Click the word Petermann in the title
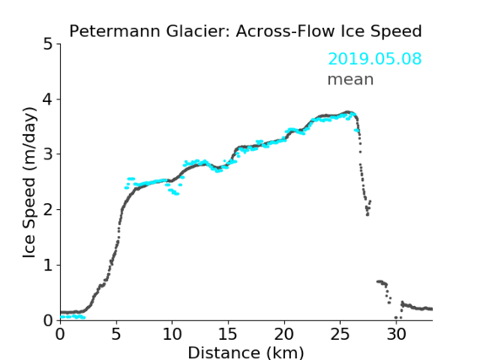point(115,31)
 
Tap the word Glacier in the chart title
point(197,31)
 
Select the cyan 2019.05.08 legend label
point(375,58)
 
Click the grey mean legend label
point(351,79)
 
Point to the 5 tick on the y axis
point(48,45)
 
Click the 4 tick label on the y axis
point(48,99)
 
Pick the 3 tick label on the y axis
point(48,154)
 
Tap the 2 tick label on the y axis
point(48,210)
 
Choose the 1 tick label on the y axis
point(48,266)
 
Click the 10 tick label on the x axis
point(172,334)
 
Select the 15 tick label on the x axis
point(228,334)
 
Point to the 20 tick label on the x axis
point(283,334)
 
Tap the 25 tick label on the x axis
point(340,334)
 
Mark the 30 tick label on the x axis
point(396,334)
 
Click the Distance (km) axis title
point(245,352)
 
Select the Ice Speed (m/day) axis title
point(29,183)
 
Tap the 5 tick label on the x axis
point(116,334)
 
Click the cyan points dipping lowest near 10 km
point(175,193)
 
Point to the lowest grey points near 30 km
point(398,318)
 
